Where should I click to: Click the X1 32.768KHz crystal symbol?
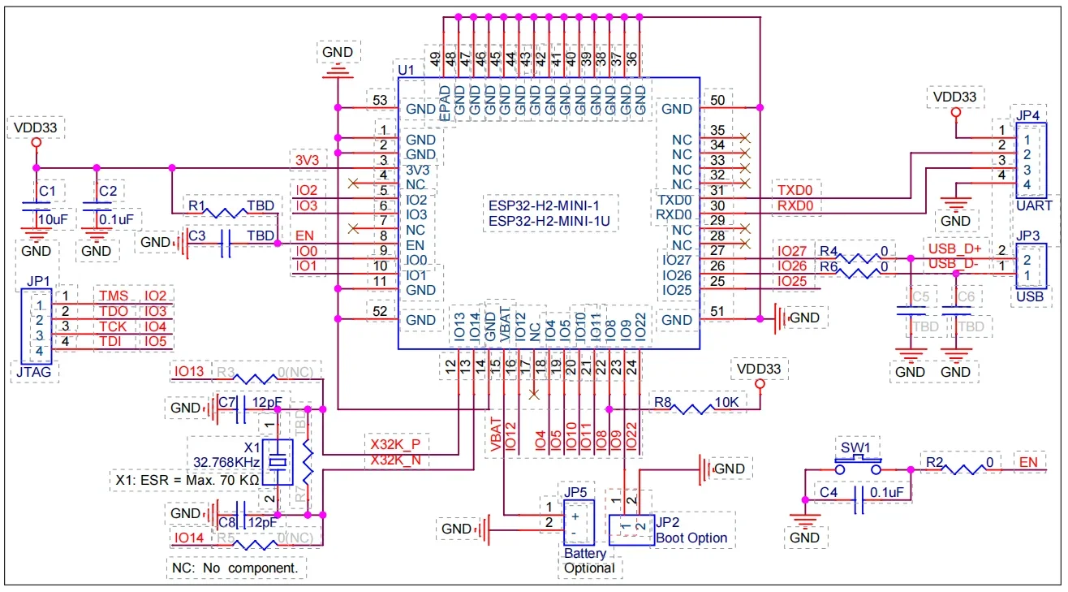(278, 462)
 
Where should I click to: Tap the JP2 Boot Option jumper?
(631, 529)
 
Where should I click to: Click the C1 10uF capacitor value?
(53, 219)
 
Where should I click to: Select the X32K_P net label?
(395, 445)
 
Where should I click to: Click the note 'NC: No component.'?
(238, 568)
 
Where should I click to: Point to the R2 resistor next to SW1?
(971, 469)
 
